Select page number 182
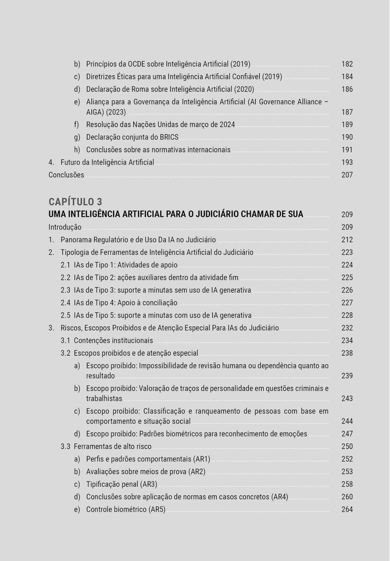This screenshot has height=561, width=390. click(x=347, y=64)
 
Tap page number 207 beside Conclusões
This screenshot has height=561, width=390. click(x=347, y=175)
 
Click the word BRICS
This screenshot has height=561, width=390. click(x=169, y=137)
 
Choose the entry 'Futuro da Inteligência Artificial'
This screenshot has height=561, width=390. click(x=107, y=162)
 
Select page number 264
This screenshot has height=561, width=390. click(x=347, y=510)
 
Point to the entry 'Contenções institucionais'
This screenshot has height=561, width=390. click(x=113, y=340)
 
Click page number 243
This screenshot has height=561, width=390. click(x=347, y=398)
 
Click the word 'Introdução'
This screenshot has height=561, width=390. click(x=65, y=227)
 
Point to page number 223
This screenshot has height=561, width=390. click(x=347, y=252)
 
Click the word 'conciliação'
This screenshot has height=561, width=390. click(x=158, y=303)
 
